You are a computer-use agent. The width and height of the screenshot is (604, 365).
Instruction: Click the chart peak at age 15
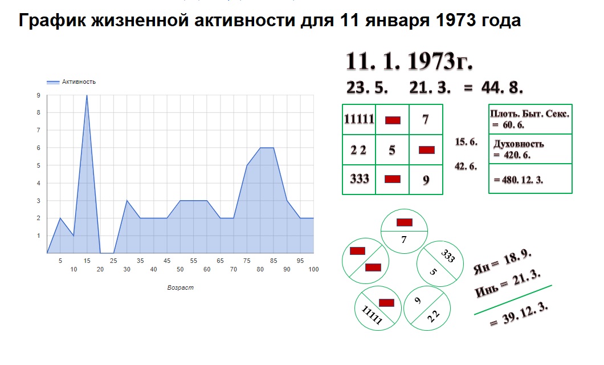[87, 95]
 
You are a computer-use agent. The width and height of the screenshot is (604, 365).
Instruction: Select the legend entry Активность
[71, 82]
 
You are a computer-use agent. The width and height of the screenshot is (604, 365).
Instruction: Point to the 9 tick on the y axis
[39, 95]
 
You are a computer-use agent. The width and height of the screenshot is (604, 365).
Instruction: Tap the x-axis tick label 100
[313, 269]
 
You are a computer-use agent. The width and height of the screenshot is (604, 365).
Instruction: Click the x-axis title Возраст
[180, 287]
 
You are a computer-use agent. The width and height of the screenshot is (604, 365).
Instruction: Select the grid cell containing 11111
[359, 119]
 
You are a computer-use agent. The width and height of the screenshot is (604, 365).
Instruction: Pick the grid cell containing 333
[359, 179]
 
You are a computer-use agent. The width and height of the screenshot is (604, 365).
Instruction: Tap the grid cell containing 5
[392, 149]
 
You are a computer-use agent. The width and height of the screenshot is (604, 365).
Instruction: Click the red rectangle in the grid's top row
[393, 120]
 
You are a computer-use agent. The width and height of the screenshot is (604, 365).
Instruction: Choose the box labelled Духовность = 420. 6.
[530, 149]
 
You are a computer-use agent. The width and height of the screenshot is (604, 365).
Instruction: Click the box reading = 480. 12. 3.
[530, 179]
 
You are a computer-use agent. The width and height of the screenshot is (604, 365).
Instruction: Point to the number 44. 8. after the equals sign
[502, 88]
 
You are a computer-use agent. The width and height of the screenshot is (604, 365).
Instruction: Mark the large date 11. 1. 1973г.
[409, 61]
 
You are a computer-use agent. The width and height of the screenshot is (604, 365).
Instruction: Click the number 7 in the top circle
[403, 240]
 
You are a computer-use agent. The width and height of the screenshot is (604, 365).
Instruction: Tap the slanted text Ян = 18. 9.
[503, 262]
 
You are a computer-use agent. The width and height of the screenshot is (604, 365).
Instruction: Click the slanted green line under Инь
[513, 300]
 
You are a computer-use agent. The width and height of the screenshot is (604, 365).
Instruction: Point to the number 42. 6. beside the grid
[466, 166]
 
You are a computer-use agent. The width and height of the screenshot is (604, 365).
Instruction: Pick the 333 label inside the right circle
[447, 255]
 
